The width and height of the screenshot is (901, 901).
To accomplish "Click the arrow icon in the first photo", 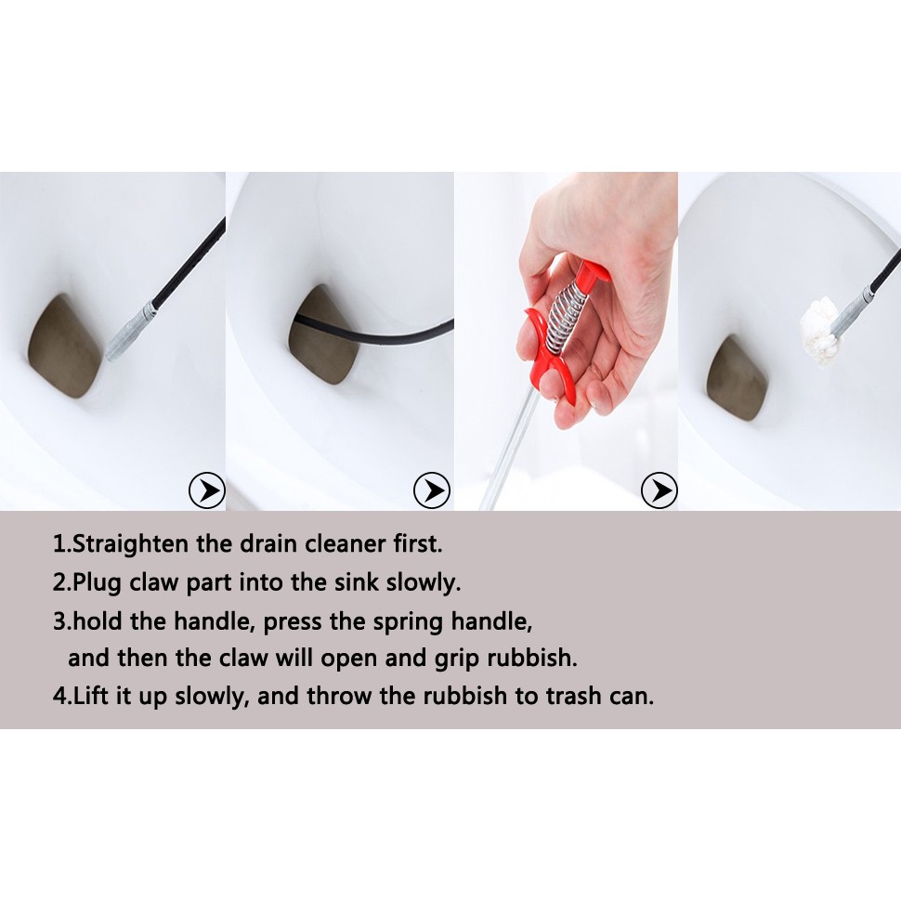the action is pos(207,490).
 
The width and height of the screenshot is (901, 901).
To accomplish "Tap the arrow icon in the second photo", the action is pos(432,490).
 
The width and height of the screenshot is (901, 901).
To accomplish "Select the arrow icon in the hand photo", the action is pos(659,490).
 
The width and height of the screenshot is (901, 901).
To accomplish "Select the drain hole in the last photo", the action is pos(738,377).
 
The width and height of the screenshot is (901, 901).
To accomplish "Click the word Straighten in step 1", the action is pos(133,544).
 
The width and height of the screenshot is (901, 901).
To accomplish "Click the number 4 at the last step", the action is pos(60,696).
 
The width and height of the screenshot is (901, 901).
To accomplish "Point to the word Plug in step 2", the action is pos(98,583).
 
